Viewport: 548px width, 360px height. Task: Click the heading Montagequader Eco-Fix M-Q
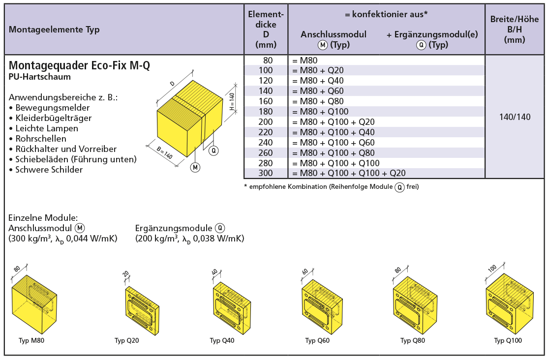[x=79, y=65]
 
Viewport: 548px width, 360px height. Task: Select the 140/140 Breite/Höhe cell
[x=515, y=117]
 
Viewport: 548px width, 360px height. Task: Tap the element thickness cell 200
[x=266, y=122]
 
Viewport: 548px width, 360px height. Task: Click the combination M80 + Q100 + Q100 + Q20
[x=349, y=173]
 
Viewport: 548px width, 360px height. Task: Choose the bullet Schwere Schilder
[x=46, y=170]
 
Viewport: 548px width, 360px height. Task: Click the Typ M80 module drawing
[x=34, y=303]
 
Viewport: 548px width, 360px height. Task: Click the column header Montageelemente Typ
[x=54, y=30]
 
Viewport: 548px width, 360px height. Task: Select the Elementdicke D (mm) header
[x=266, y=30]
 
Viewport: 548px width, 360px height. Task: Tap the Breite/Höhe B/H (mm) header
[x=515, y=30]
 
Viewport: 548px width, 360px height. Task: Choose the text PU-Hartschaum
[x=40, y=77]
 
